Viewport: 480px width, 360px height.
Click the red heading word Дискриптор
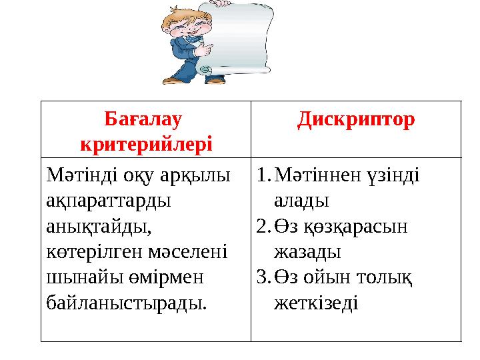click(x=356, y=120)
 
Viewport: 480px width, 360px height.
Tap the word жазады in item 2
click(x=307, y=252)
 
